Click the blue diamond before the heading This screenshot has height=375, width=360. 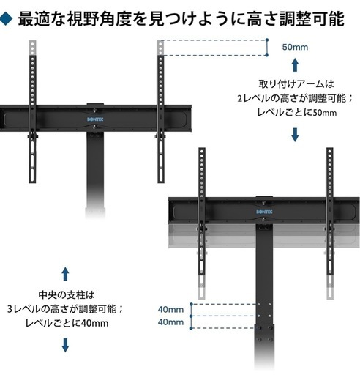(6, 19)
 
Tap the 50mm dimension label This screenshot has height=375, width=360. (295, 47)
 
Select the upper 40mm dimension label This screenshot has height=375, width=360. (170, 310)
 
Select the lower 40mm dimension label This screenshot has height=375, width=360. (170, 322)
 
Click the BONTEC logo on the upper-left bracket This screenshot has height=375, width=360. (95, 119)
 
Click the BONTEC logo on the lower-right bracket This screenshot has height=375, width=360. (264, 212)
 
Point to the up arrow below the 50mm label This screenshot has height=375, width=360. (295, 64)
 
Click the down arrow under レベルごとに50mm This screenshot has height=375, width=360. (295, 135)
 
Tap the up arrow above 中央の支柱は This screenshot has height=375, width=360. (65, 274)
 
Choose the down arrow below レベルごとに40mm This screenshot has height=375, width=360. (65, 345)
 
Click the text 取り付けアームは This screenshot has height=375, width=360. (296, 84)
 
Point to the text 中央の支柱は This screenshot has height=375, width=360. (67, 294)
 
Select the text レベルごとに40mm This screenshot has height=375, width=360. (67, 323)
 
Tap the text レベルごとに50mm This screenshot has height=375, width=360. (297, 113)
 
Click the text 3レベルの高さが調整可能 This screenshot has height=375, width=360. (61, 309)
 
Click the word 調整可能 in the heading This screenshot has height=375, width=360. (312, 19)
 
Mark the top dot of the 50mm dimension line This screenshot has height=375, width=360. (267, 40)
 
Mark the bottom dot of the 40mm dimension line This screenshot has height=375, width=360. (191, 328)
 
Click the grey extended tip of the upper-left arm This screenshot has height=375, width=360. (33, 48)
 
